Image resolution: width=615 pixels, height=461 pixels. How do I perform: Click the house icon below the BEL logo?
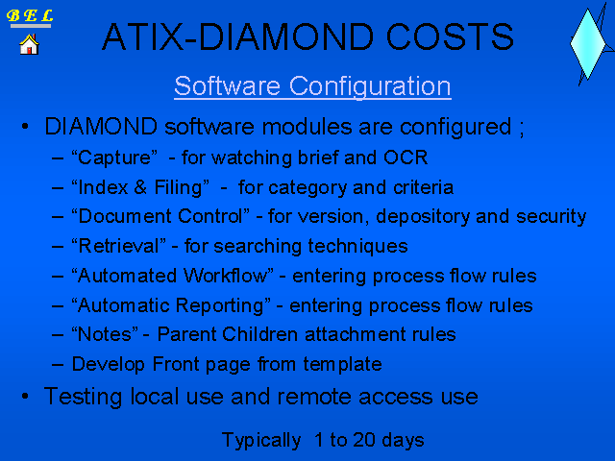(29, 44)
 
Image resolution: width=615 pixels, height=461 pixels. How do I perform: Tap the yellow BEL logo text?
(30, 15)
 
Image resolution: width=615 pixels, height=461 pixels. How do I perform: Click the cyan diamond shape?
(587, 44)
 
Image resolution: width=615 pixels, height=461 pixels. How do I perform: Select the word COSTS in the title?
(450, 36)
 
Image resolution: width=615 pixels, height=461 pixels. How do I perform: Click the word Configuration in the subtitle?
(370, 86)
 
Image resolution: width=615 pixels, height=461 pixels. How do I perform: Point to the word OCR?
(406, 158)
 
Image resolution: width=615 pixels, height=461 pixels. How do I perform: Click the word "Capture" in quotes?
(114, 158)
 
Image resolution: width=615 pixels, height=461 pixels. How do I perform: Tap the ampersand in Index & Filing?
(140, 187)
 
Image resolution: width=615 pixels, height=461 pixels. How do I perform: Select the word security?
(551, 216)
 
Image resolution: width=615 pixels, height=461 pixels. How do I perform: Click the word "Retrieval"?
(118, 246)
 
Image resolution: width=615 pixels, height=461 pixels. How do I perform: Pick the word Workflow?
(229, 276)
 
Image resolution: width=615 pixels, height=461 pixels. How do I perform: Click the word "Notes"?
(105, 334)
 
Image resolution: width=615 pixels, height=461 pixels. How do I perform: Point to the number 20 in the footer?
(364, 440)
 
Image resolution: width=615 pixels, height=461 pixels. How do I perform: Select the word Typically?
(261, 441)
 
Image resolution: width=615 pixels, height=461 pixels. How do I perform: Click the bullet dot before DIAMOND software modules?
(25, 127)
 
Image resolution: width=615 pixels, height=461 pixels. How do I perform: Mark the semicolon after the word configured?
(522, 129)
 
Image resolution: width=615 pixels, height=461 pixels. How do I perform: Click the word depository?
(423, 217)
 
